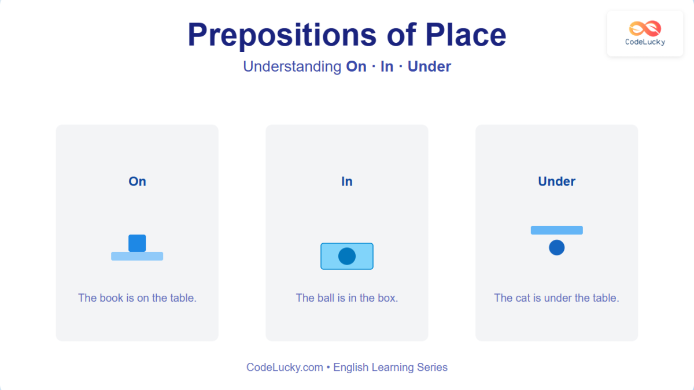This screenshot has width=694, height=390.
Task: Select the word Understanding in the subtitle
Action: (x=292, y=66)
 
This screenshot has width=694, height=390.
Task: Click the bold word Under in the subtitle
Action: (x=429, y=66)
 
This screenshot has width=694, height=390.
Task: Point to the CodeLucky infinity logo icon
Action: (x=645, y=28)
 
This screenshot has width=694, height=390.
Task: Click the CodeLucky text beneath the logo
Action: (x=645, y=42)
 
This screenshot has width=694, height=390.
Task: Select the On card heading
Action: (x=137, y=181)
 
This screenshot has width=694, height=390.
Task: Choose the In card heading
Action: (x=347, y=181)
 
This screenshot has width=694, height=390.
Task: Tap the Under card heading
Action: (x=556, y=181)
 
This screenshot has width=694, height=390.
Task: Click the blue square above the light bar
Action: (x=137, y=243)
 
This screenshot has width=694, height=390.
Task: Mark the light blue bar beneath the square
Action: (x=137, y=256)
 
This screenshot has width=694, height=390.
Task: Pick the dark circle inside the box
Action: (x=347, y=256)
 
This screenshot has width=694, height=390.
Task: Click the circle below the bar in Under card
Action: (x=556, y=247)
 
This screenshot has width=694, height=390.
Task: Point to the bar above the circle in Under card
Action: (x=556, y=230)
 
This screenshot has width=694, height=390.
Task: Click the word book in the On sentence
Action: (x=111, y=298)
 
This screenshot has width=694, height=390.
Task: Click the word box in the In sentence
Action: (x=388, y=298)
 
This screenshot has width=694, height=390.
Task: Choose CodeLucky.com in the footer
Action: (x=285, y=367)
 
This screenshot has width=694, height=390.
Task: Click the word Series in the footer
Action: (x=432, y=367)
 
